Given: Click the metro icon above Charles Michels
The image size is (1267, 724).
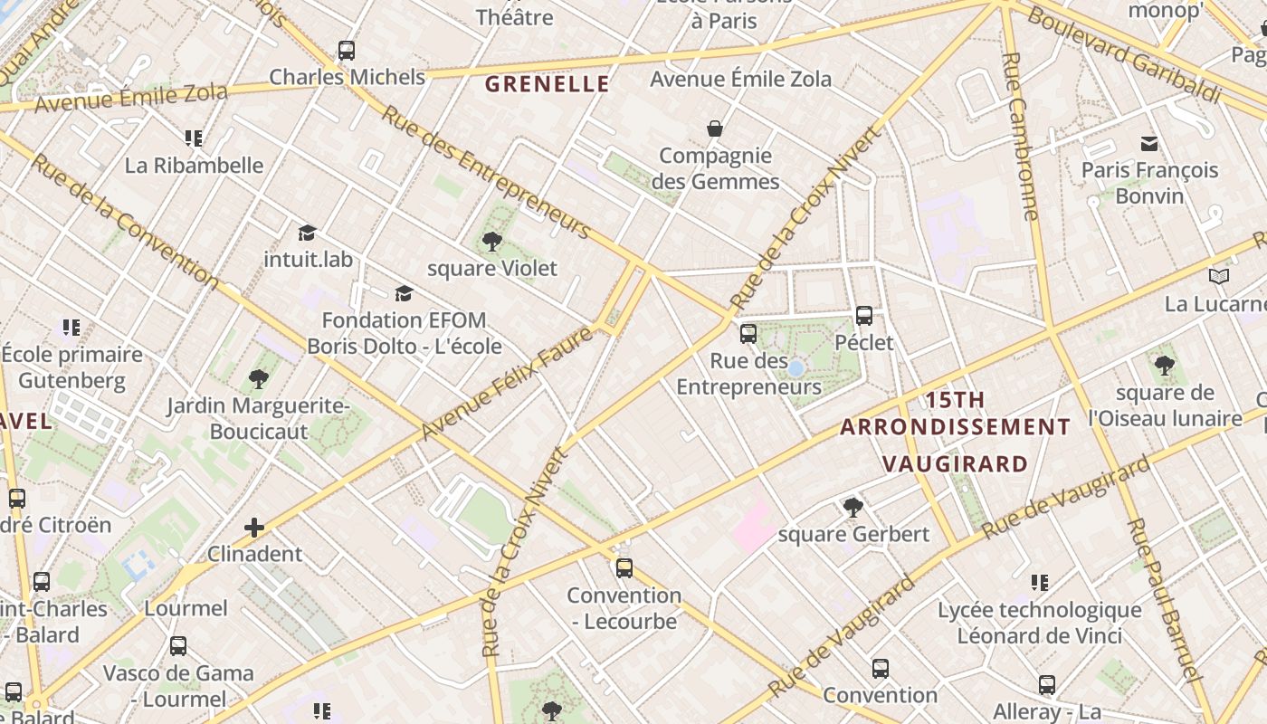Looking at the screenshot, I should (x=347, y=51).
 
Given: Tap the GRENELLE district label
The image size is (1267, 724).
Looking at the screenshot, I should (x=548, y=85).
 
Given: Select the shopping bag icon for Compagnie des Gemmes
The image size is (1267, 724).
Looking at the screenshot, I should (x=715, y=129).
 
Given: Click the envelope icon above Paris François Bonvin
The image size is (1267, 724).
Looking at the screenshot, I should (x=1149, y=143).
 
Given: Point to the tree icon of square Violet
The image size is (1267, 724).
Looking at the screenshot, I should (x=492, y=241).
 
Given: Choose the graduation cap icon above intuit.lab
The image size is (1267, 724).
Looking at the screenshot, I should (x=308, y=233).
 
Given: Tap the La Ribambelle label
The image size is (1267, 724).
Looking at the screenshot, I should (x=195, y=166).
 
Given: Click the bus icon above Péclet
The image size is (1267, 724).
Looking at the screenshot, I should (x=864, y=316).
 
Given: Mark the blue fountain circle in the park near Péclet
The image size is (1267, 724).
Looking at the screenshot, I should (x=795, y=368).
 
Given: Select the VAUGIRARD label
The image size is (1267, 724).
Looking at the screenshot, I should (x=955, y=464).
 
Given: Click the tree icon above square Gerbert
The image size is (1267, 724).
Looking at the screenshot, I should (x=853, y=507).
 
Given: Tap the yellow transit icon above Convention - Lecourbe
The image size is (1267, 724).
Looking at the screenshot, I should (x=624, y=568).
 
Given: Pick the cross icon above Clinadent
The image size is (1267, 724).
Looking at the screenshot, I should (x=254, y=527).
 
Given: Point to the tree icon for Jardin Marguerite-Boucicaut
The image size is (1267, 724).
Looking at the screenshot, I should (x=258, y=378).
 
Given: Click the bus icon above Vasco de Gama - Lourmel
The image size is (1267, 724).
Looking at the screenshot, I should (x=178, y=646).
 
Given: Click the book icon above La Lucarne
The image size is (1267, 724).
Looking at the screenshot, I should (x=1219, y=276).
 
